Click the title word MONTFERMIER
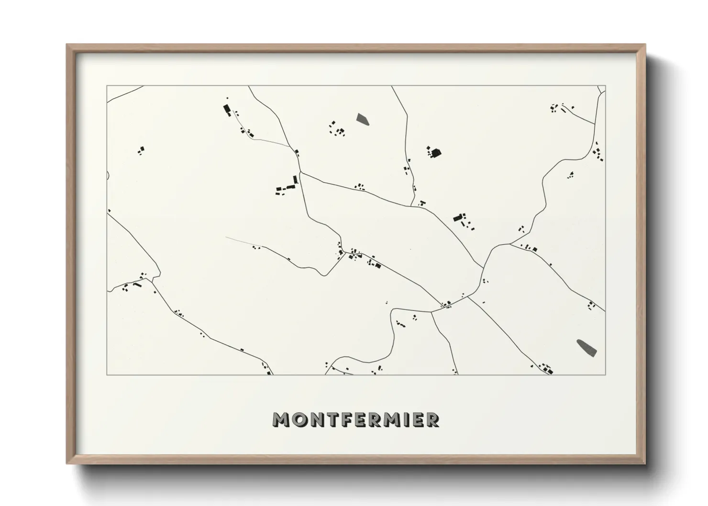tap(355, 420)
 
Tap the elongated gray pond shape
tap(586, 348)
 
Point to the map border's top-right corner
tap(605, 86)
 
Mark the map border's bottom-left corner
tap(107, 374)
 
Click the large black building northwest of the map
tap(226, 109)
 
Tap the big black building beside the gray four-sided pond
tap(435, 153)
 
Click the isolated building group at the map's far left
tap(141, 151)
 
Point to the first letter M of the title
tap(281, 420)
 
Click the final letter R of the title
tap(432, 420)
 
